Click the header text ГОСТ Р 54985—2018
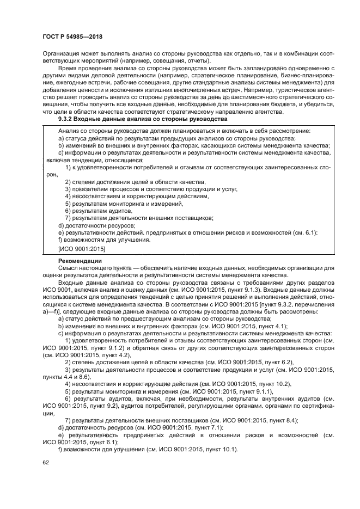tap(72, 37)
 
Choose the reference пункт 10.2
tap(275, 383)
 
